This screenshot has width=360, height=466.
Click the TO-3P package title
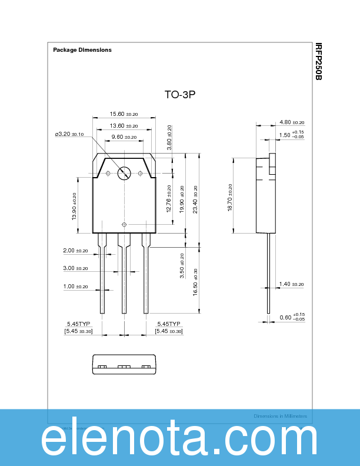point(179,94)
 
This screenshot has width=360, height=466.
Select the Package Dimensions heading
point(82,50)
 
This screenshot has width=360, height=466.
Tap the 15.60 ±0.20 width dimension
point(124,114)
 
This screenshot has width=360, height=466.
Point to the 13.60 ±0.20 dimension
point(124,126)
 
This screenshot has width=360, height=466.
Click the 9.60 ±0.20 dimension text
point(124,137)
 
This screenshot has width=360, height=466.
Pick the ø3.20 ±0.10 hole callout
point(69,134)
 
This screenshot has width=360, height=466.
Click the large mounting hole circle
point(124,173)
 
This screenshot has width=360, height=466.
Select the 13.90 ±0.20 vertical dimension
point(75,207)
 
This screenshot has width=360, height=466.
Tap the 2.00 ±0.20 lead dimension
point(75,251)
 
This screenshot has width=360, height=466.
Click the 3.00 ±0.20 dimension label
point(75,268)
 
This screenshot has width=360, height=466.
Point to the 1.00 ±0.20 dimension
point(75,287)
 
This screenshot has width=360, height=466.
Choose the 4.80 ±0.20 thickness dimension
point(291,122)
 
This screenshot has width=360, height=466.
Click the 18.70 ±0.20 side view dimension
point(231,198)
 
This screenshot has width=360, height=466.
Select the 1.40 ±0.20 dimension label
point(291,284)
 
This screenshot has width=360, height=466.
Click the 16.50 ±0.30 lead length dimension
point(196,282)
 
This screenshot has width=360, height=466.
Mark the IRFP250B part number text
point(318,62)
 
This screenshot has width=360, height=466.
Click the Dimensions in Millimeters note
point(280,416)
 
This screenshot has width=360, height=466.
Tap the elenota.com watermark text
point(179,440)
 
